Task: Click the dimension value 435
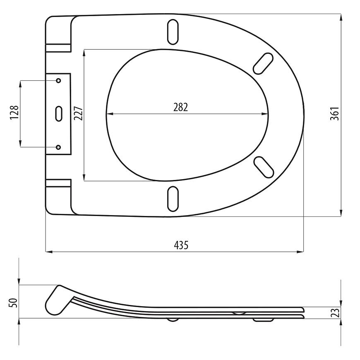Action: pyautogui.click(x=181, y=245)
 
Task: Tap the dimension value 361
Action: pyautogui.click(x=334, y=114)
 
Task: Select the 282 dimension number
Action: pyautogui.click(x=180, y=107)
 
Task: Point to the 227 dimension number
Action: pyautogui.click(x=79, y=113)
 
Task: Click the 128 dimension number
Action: pyautogui.click(x=14, y=112)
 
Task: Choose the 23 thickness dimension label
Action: pyautogui.click(x=336, y=313)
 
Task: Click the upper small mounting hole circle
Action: pyautogui.click(x=58, y=81)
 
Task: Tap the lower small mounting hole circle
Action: pyautogui.click(x=58, y=147)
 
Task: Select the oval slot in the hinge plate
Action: pyautogui.click(x=59, y=114)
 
